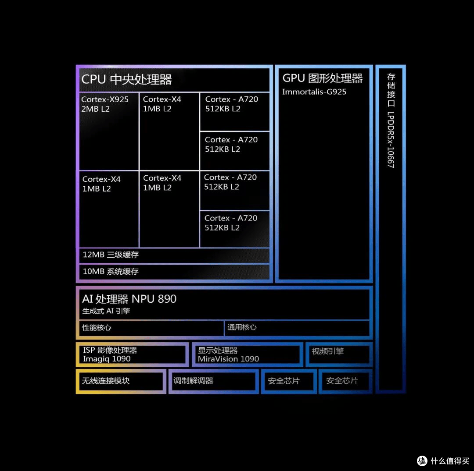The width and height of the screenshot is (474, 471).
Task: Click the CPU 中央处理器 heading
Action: click(x=126, y=80)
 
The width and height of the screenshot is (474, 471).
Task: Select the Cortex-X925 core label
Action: click(x=104, y=99)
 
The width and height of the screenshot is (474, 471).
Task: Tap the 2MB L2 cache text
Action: click(x=95, y=109)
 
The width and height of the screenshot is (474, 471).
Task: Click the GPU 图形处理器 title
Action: click(x=322, y=78)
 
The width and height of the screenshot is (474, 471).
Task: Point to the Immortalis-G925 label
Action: click(x=314, y=92)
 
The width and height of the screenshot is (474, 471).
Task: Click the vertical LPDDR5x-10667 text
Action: click(x=391, y=140)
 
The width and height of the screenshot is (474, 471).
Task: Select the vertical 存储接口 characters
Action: click(x=391, y=90)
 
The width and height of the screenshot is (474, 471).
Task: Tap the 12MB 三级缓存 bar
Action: click(x=174, y=255)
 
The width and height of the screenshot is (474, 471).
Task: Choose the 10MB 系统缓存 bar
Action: click(x=174, y=272)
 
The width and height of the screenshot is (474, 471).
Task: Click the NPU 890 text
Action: click(x=154, y=299)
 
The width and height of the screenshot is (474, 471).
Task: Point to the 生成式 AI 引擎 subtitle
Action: click(x=106, y=311)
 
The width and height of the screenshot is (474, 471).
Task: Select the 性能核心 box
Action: click(x=151, y=328)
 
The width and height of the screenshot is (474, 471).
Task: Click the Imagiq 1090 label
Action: click(x=107, y=359)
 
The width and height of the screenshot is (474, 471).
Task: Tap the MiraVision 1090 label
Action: click(x=228, y=359)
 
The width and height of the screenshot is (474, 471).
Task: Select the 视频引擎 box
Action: click(x=339, y=354)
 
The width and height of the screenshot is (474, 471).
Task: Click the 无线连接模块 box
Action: click(x=121, y=381)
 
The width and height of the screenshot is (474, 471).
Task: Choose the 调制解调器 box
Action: click(x=213, y=381)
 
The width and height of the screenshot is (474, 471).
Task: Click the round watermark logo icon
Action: click(x=422, y=461)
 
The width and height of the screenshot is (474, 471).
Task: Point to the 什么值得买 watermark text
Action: click(x=449, y=461)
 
